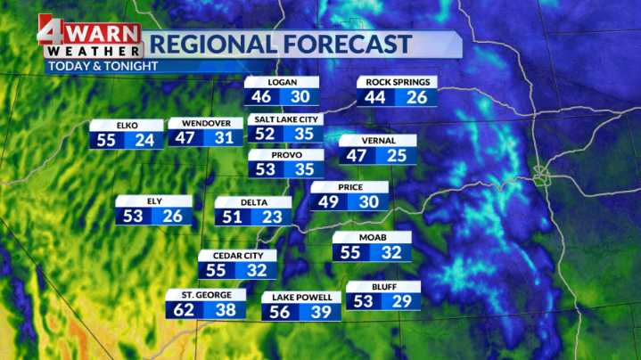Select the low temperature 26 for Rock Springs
416,97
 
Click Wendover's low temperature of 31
223,138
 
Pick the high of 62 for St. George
185,310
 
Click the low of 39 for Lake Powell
320,311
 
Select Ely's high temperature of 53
135,216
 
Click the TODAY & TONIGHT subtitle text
103,66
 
